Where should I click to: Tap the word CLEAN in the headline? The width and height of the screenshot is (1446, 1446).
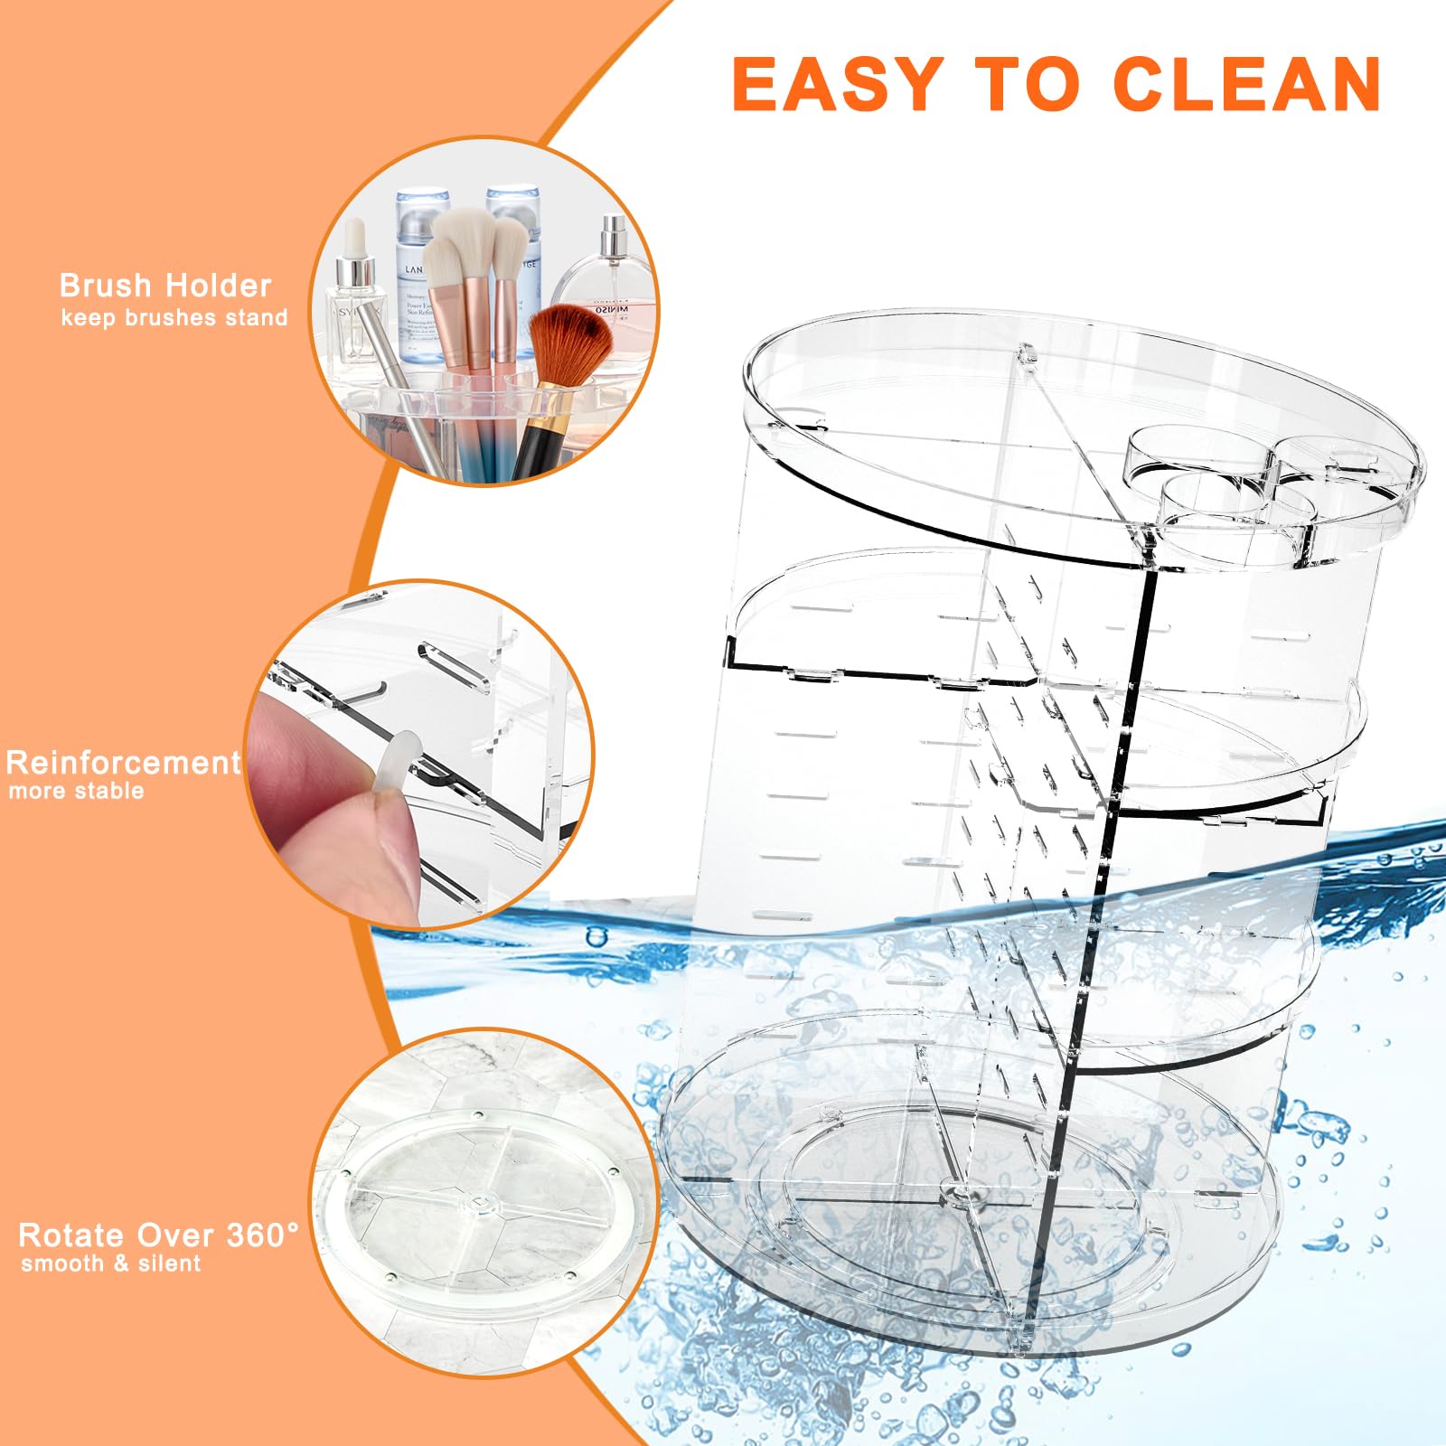(1246, 84)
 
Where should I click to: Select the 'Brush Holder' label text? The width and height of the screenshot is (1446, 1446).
(165, 286)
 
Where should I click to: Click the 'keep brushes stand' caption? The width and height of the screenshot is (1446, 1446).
(174, 318)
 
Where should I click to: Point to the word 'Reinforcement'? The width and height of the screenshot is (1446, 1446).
(123, 763)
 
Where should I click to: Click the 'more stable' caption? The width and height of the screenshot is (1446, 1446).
(76, 792)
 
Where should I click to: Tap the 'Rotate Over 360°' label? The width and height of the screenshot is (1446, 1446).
(158, 1235)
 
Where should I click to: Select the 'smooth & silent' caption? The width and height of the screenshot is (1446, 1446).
(111, 1263)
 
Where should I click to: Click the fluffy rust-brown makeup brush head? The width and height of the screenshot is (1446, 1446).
(569, 343)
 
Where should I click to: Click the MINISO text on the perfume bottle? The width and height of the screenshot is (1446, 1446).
(612, 310)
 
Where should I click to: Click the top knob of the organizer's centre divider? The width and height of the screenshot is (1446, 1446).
(1027, 353)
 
